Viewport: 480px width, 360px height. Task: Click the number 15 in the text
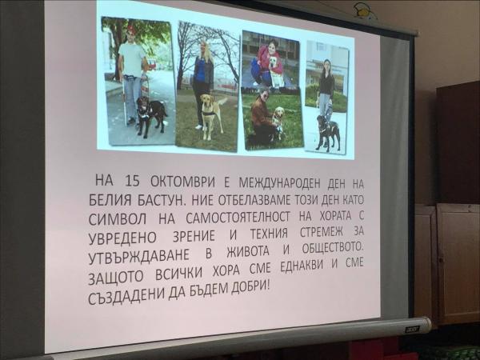133,182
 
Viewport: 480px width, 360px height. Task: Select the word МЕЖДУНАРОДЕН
279,183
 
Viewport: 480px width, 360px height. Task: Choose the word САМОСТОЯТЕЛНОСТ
238,218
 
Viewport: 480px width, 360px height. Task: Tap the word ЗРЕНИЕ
194,236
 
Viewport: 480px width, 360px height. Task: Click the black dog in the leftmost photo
151,114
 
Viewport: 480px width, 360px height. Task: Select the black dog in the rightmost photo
327,132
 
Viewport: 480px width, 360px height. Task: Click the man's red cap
131,30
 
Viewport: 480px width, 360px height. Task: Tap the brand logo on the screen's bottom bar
411,330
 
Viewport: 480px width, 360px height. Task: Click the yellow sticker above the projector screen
364,10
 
